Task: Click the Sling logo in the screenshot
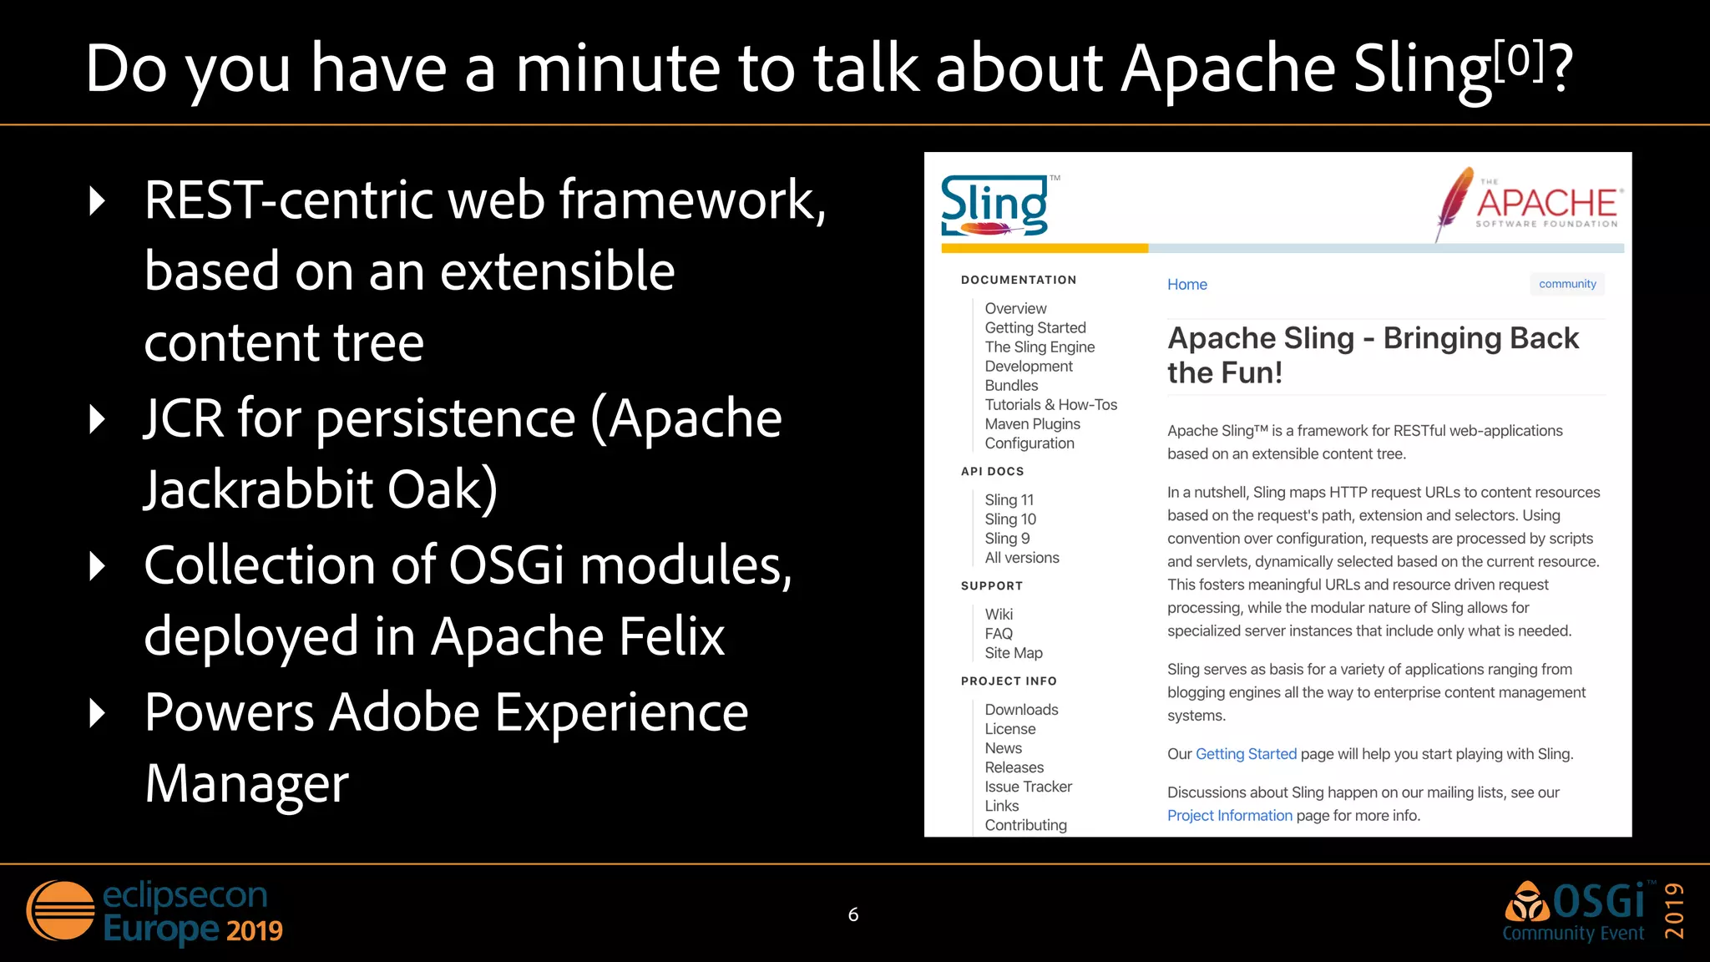tap(994, 205)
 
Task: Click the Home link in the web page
tap(1186, 285)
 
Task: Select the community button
tap(1566, 284)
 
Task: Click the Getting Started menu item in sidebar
tap(1035, 328)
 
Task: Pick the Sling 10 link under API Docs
tap(1009, 519)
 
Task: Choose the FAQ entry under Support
tap(998, 634)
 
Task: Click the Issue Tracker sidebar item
tap(1027, 787)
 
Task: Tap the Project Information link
tap(1229, 816)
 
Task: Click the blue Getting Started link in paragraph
tap(1246, 754)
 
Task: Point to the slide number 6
tap(852, 915)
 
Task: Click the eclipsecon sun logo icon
tap(61, 910)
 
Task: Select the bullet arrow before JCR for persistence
tap(98, 419)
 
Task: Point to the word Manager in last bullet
tap(246, 784)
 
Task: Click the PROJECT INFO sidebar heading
tap(1008, 681)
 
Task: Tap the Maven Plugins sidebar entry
tap(1032, 424)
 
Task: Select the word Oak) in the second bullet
tap(443, 490)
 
